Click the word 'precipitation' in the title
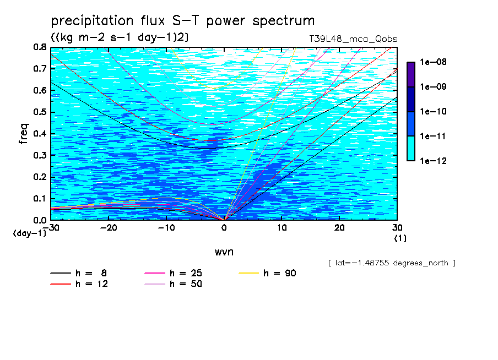click(x=92, y=21)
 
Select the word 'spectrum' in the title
click(x=284, y=21)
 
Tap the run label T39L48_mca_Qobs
click(x=353, y=39)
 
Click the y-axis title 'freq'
click(x=24, y=134)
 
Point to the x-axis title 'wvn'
click(x=224, y=252)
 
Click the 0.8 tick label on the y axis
click(x=40, y=47)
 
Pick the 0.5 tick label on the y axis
click(x=40, y=112)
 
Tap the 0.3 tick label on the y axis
click(x=40, y=156)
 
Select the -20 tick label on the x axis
click(x=109, y=228)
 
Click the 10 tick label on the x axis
click(x=282, y=228)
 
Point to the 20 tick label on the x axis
click(x=339, y=228)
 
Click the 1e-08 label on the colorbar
click(x=433, y=62)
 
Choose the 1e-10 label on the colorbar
click(x=433, y=111)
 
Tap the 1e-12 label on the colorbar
click(x=433, y=161)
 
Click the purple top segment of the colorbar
click(x=411, y=74)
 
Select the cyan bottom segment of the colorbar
click(x=411, y=149)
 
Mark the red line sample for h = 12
click(x=61, y=283)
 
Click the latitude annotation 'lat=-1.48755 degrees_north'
click(x=392, y=263)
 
